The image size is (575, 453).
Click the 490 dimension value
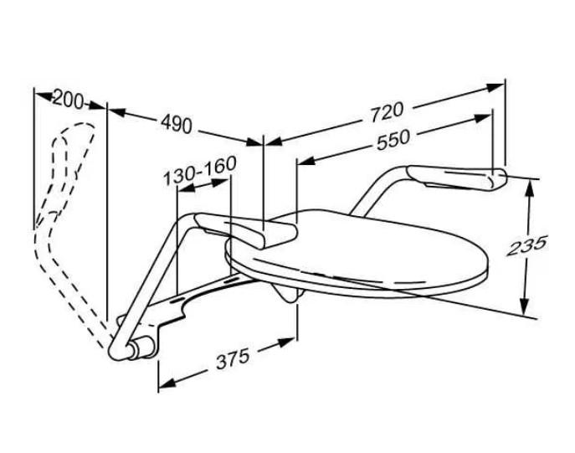pyautogui.click(x=176, y=124)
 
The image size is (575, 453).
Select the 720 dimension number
pyautogui.click(x=386, y=110)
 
